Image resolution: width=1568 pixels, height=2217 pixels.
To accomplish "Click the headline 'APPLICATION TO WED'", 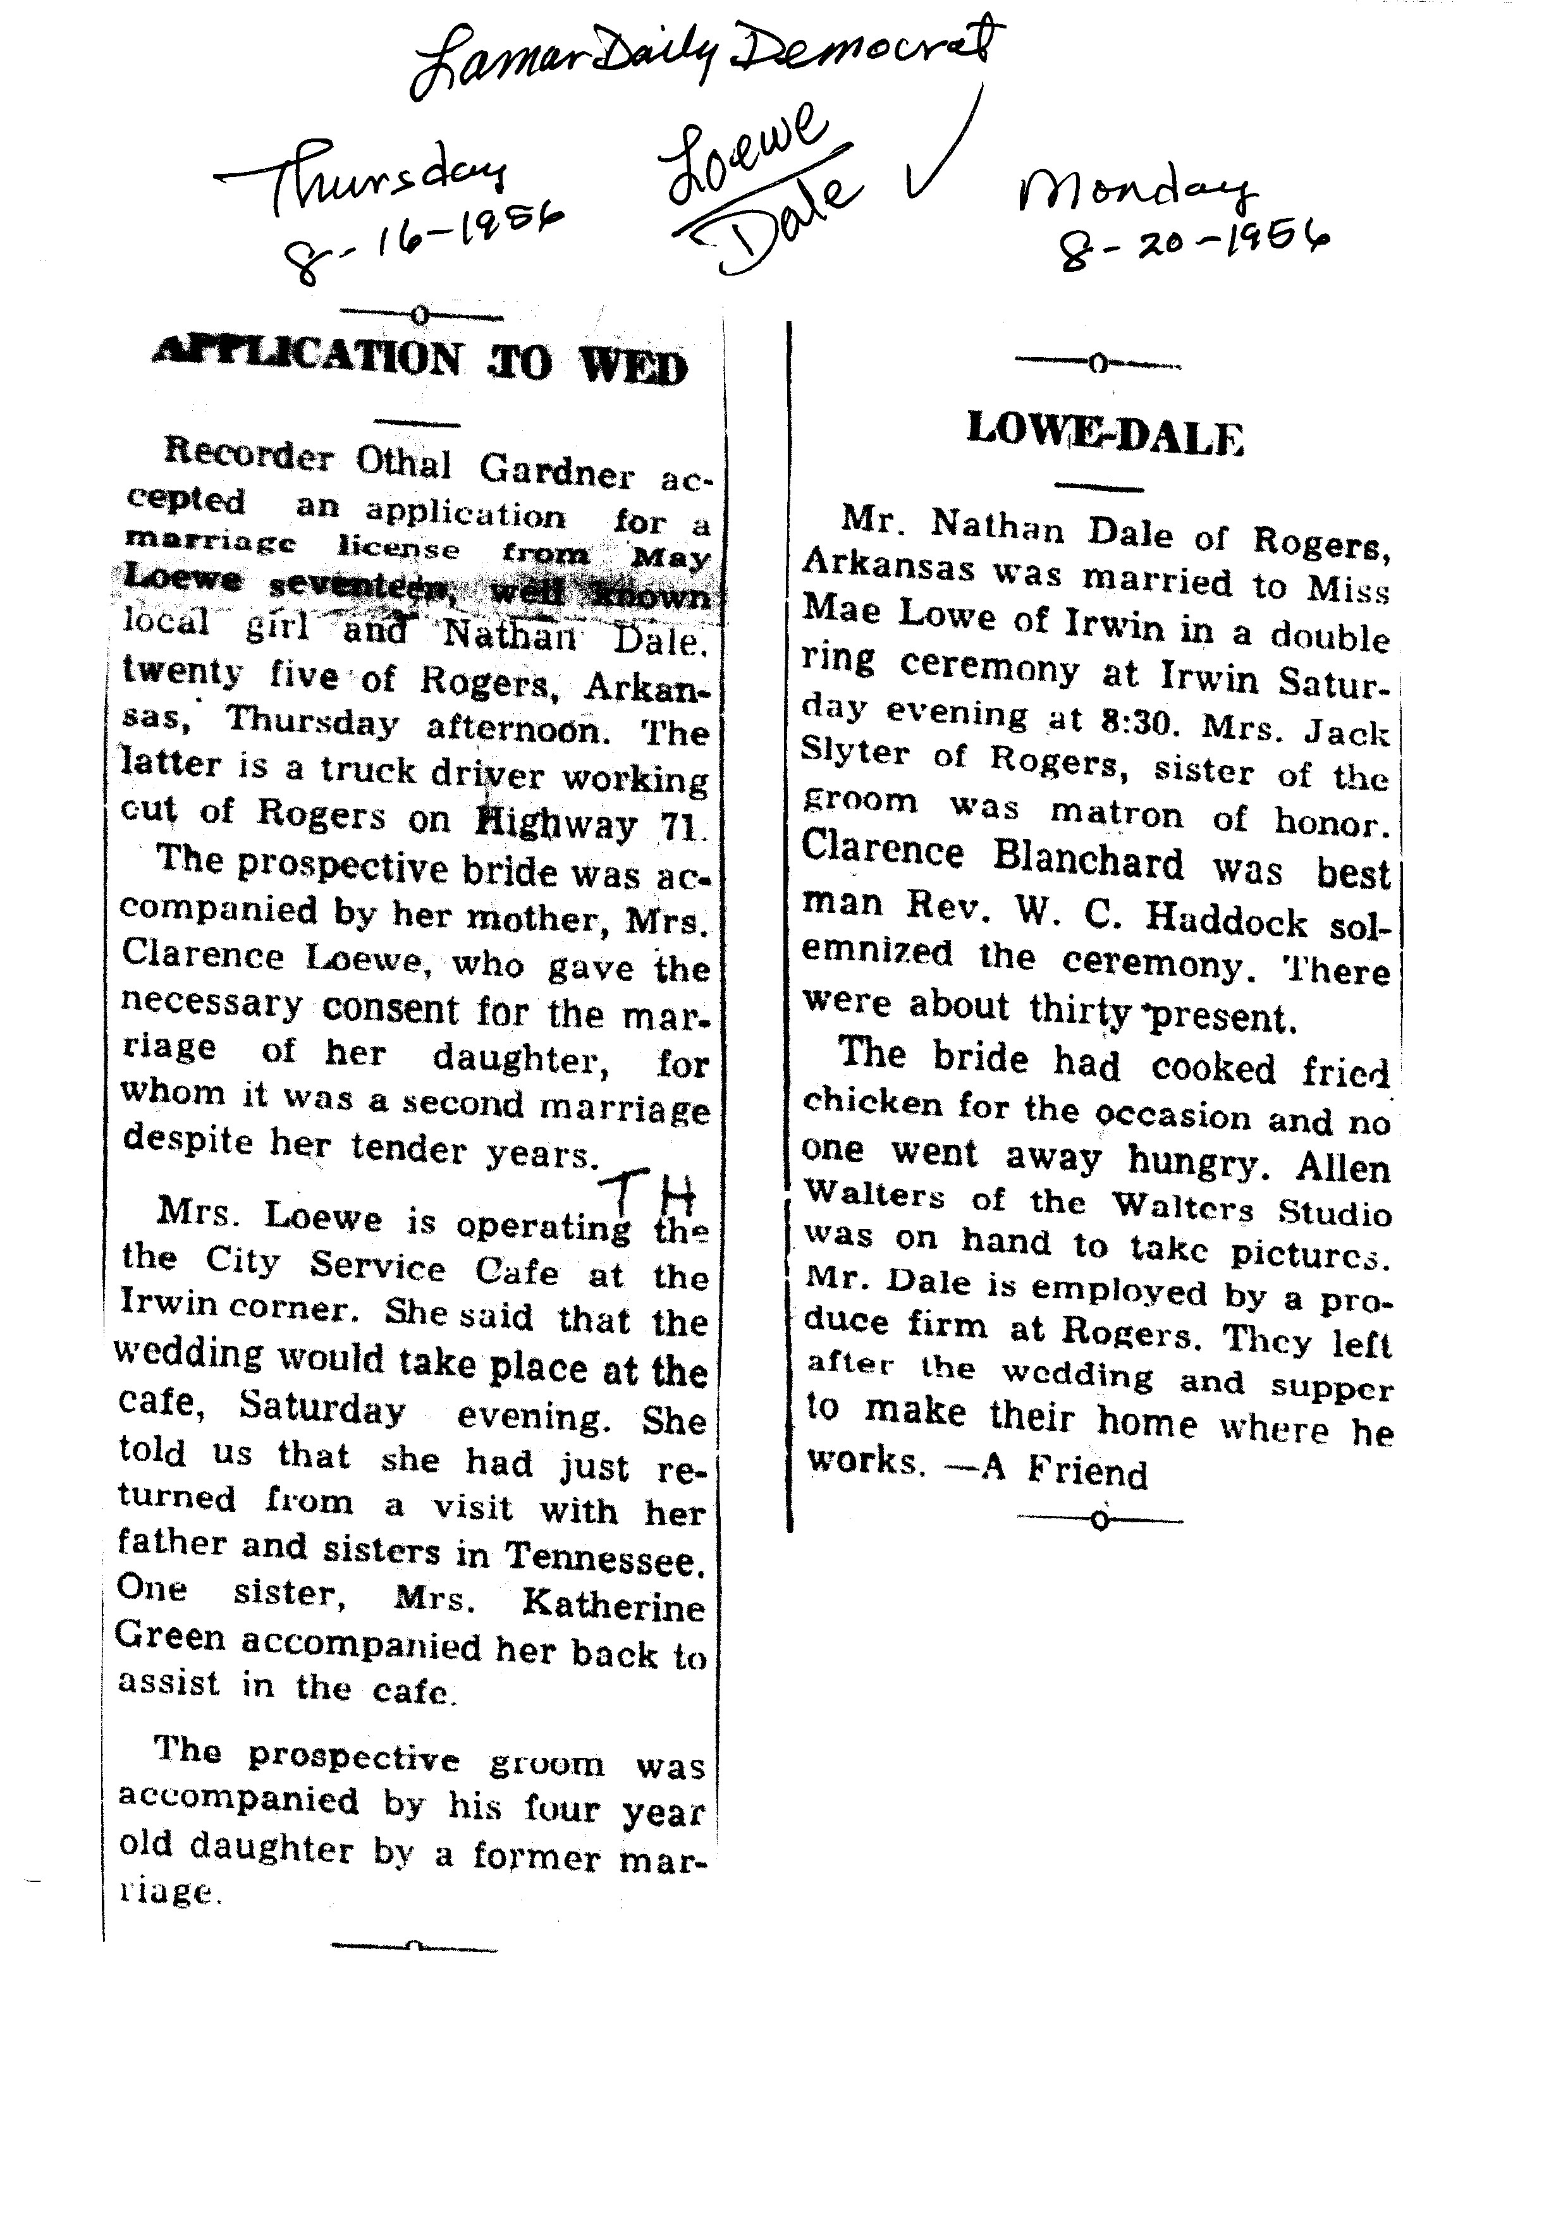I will pyautogui.click(x=420, y=362).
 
